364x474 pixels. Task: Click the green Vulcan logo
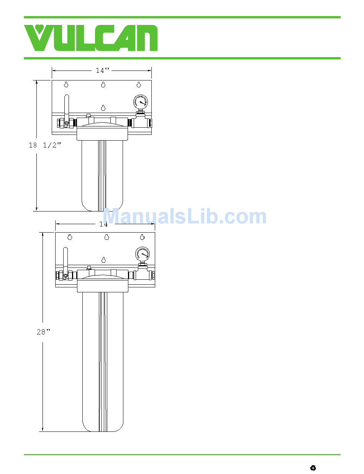coord(91,38)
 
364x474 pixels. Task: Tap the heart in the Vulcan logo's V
coord(39,29)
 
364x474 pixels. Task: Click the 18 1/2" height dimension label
coord(45,145)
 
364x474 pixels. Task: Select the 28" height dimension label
coord(43,331)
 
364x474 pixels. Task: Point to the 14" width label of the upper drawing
coord(103,70)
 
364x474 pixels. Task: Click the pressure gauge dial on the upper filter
coord(141,102)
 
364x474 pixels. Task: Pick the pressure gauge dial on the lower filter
coord(143,254)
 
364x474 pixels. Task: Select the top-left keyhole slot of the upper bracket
coord(66,84)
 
